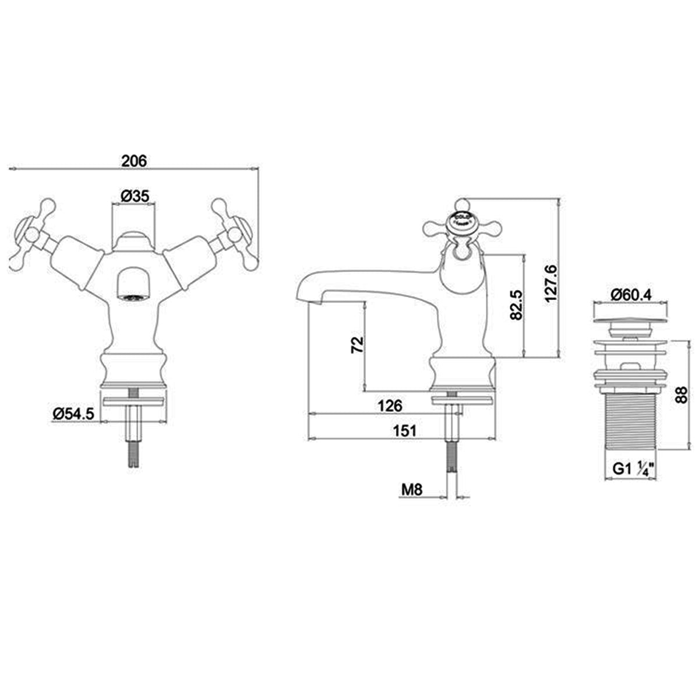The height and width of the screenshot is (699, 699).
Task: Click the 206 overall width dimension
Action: pos(134,161)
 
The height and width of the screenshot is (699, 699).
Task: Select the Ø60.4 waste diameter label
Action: pos(631,295)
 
